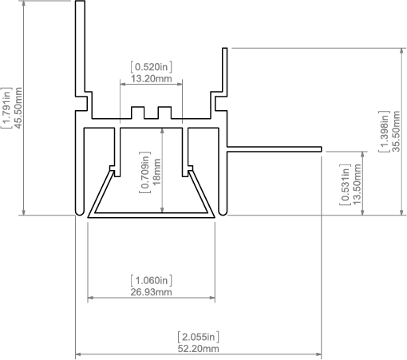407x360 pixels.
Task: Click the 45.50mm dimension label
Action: pyautogui.click(x=18, y=108)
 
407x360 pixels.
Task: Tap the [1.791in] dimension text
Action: pyautogui.click(x=6, y=108)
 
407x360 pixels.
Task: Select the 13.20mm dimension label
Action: pyautogui.click(x=152, y=79)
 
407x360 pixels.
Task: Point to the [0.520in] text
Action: pyautogui.click(x=152, y=67)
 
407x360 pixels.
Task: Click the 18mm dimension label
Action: pyautogui.click(x=157, y=172)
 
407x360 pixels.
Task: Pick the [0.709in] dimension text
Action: pyautogui.click(x=145, y=172)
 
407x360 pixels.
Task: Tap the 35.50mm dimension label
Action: pyautogui.click(x=396, y=131)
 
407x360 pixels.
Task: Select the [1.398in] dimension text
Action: pyautogui.click(x=384, y=131)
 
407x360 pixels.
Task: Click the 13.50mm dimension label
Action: pyautogui.click(x=357, y=184)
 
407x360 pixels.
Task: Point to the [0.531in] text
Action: pyautogui.click(x=345, y=184)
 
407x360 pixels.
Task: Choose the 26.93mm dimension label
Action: pyautogui.click(x=151, y=292)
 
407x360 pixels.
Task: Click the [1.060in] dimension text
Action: pyautogui.click(x=151, y=280)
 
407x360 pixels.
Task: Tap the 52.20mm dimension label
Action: pyautogui.click(x=199, y=349)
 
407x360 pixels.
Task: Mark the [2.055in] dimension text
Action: pyautogui.click(x=199, y=337)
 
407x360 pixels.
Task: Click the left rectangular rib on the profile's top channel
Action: pyautogui.click(x=138, y=113)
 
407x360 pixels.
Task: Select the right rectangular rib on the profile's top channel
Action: pyautogui.click(x=164, y=113)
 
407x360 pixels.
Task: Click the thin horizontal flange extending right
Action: pyautogui.click(x=274, y=149)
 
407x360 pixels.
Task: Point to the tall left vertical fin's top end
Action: pyautogui.click(x=80, y=2)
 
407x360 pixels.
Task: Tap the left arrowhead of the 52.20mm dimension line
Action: pyautogui.click(x=77, y=354)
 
